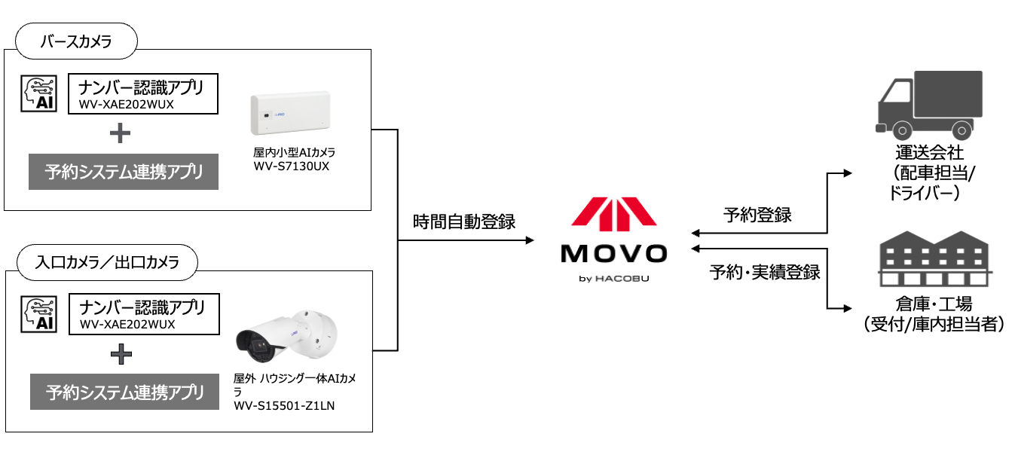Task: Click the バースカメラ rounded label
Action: pos(76,41)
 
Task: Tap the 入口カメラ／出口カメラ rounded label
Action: pos(107,262)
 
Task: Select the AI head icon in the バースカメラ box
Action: pos(39,93)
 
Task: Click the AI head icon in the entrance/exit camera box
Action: pos(39,314)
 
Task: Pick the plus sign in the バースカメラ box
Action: pos(120,133)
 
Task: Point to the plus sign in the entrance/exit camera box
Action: pos(121,353)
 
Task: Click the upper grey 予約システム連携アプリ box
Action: pos(124,172)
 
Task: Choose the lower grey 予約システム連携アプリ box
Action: pos(124,392)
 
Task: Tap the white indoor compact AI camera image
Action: pos(291,113)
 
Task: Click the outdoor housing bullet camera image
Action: pos(287,336)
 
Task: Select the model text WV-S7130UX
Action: pos(292,166)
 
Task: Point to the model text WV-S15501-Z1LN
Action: pos(284,405)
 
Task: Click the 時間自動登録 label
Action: pos(464,221)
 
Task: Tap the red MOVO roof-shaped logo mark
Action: pos(614,214)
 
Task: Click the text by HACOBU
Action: pos(614,279)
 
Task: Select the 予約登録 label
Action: pos(757,215)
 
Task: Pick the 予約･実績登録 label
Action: pos(764,272)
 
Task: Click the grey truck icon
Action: pos(929,105)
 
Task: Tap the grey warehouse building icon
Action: pos(934,258)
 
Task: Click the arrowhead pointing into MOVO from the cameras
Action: pos(530,240)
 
